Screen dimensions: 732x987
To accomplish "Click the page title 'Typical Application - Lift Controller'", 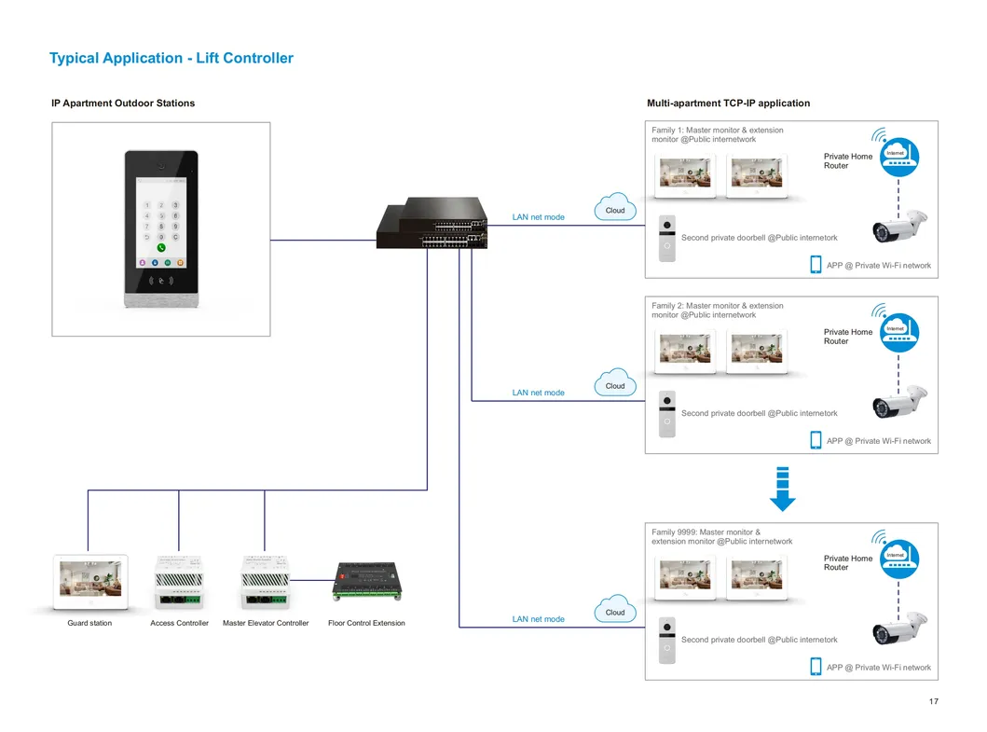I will coord(171,58).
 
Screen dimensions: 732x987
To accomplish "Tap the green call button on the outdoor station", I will coord(161,248).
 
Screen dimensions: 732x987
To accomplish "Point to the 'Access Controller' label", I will coord(179,623).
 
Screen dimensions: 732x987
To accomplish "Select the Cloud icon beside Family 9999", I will coord(615,611).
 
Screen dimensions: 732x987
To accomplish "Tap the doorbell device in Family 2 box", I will coord(666,413).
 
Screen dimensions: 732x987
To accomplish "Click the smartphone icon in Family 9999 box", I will coord(816,667).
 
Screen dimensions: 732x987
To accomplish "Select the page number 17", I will coord(933,701).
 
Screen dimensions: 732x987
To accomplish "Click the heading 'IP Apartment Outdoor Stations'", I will coord(123,104).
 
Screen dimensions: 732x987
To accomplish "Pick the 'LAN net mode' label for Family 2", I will coord(538,393).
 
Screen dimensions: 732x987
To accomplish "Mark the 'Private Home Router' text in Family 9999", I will coord(848,562).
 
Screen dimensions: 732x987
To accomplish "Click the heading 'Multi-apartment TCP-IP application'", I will coord(728,104).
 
